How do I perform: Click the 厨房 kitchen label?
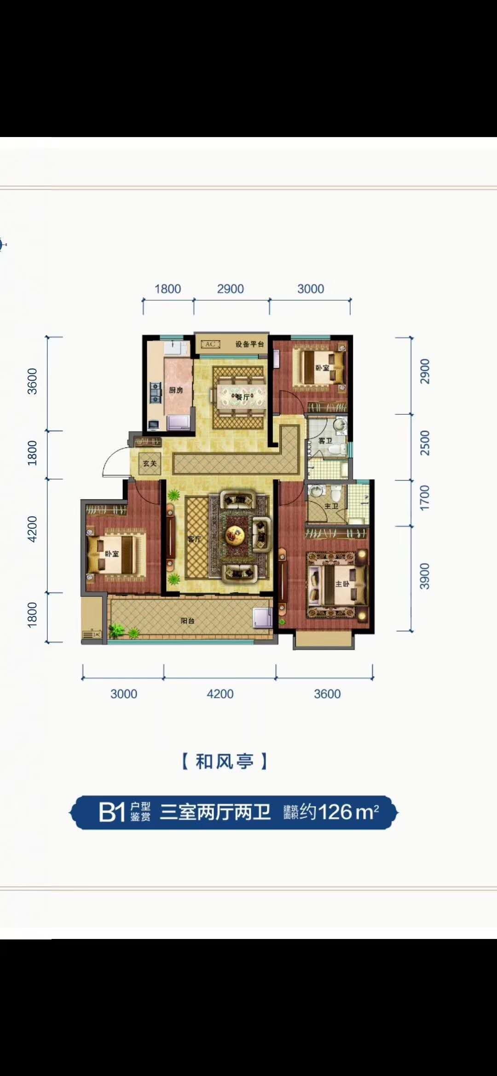coord(176,390)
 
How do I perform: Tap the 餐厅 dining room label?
coord(242,396)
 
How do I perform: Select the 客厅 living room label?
coord(194,539)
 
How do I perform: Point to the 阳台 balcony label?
coord(187,621)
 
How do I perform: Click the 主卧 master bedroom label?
coord(342,584)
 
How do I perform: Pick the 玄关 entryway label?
coord(150,464)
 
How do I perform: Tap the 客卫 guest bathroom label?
coord(325,441)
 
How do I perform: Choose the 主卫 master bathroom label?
coord(331,506)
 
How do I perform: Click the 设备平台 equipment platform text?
coord(250,344)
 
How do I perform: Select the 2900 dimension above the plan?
coord(231,289)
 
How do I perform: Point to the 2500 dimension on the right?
coord(425,443)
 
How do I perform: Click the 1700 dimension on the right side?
coord(425,498)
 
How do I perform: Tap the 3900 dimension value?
coord(425,576)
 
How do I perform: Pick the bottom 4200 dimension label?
coord(220,694)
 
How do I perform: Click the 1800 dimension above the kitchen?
coord(168,289)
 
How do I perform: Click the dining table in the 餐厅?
coord(243,396)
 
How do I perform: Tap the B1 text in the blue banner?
coord(112,813)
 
